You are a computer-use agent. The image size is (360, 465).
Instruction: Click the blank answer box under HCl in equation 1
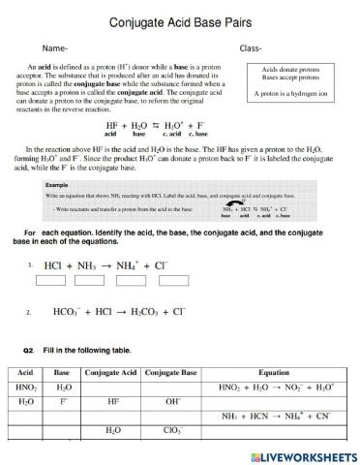(53, 282)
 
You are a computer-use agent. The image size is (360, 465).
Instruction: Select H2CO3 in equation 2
(142, 311)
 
